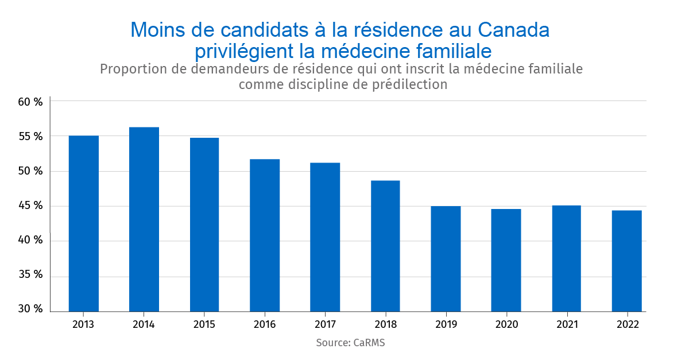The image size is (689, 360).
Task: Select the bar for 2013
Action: [x=83, y=224]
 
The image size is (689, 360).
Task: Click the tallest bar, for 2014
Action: [x=144, y=219]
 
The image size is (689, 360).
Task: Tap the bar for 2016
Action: [x=265, y=235]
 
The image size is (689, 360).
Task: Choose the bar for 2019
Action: [x=446, y=258]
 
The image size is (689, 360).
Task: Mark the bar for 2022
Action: [x=626, y=261]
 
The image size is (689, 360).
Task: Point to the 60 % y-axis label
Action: [x=30, y=102]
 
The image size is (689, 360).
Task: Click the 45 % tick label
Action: [x=30, y=206]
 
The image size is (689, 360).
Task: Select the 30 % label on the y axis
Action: [x=30, y=309]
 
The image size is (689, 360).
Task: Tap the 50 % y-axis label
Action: [x=30, y=171]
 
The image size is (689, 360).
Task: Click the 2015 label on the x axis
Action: [x=204, y=324]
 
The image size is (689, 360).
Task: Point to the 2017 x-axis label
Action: [x=325, y=324]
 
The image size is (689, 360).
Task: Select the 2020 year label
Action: [x=506, y=324]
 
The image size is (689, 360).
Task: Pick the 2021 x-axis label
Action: [x=566, y=324]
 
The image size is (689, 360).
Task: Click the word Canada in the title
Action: [x=513, y=30]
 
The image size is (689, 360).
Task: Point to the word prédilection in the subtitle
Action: [x=405, y=84]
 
